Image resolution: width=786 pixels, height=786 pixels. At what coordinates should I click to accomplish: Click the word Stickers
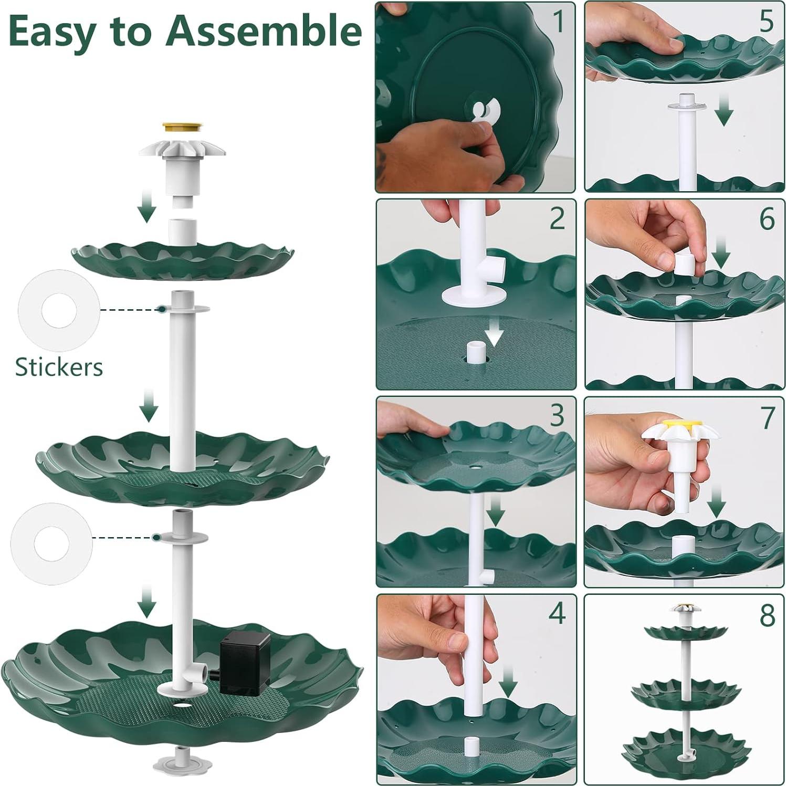(x=59, y=368)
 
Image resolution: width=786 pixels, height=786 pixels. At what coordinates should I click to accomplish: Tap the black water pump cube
(x=245, y=663)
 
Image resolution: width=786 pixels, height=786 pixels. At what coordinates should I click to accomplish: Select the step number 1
(x=558, y=22)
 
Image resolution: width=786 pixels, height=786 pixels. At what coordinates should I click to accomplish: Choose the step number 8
(x=767, y=615)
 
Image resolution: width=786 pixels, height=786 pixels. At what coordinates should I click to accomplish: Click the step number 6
(x=767, y=219)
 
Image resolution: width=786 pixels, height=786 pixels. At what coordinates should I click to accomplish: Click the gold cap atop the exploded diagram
(x=182, y=128)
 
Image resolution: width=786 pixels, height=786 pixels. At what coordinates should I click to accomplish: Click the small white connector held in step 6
(x=682, y=263)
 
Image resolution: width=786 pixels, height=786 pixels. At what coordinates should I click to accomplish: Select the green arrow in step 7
(x=717, y=501)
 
